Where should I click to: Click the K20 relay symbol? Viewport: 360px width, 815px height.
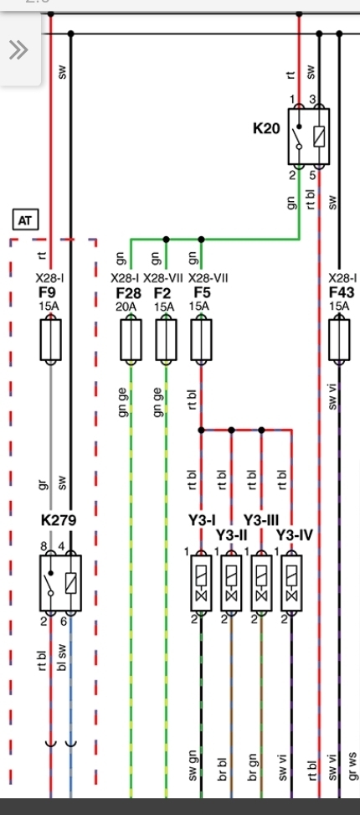309,137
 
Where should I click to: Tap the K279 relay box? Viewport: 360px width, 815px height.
60,583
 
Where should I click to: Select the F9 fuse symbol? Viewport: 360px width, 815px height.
50,340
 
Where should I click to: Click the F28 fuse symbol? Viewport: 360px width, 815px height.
131,340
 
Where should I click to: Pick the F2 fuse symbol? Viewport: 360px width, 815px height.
166,340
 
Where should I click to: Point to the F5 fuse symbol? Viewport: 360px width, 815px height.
201,340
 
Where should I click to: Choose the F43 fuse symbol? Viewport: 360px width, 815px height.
339,340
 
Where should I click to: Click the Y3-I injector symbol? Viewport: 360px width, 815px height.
201,583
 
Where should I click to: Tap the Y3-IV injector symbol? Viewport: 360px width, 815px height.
291,583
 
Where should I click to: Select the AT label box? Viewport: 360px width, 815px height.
25,220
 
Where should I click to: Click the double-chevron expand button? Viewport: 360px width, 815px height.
18,50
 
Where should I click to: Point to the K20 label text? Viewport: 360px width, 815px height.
266,128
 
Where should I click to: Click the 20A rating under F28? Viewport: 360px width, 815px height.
126,307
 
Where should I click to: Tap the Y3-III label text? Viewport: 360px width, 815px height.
261,520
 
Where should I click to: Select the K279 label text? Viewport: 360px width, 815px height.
59,520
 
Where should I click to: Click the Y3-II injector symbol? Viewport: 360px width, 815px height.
231,583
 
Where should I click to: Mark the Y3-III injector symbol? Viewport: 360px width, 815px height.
261,583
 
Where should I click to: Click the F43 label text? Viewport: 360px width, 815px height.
342,292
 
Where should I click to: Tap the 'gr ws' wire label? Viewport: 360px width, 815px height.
354,766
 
